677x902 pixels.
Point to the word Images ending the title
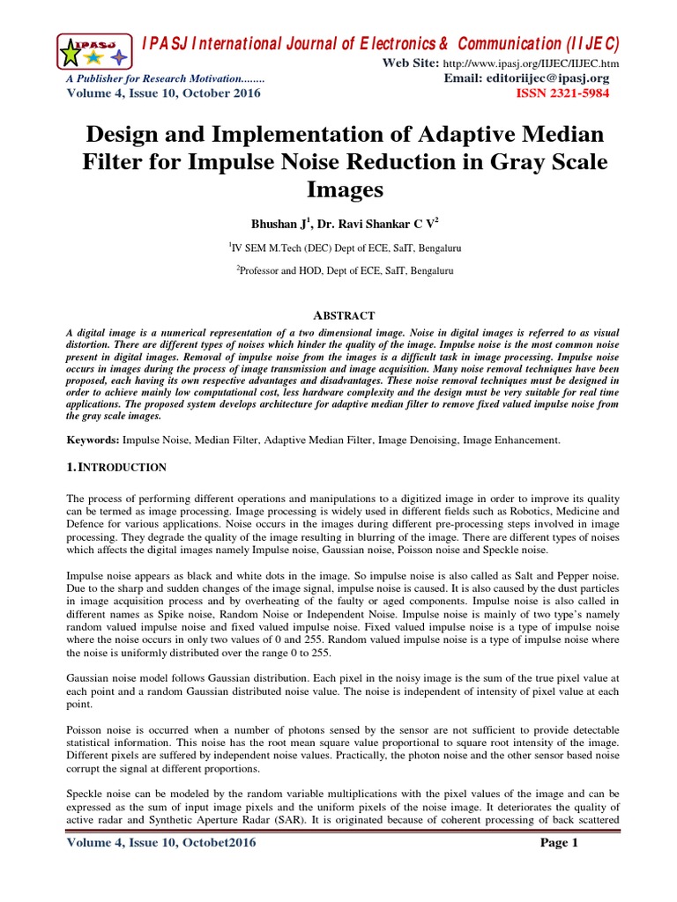tap(339, 189)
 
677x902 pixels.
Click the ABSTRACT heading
tap(339, 315)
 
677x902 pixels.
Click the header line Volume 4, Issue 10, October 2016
tap(164, 93)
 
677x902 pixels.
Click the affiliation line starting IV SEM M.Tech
tap(339, 249)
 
